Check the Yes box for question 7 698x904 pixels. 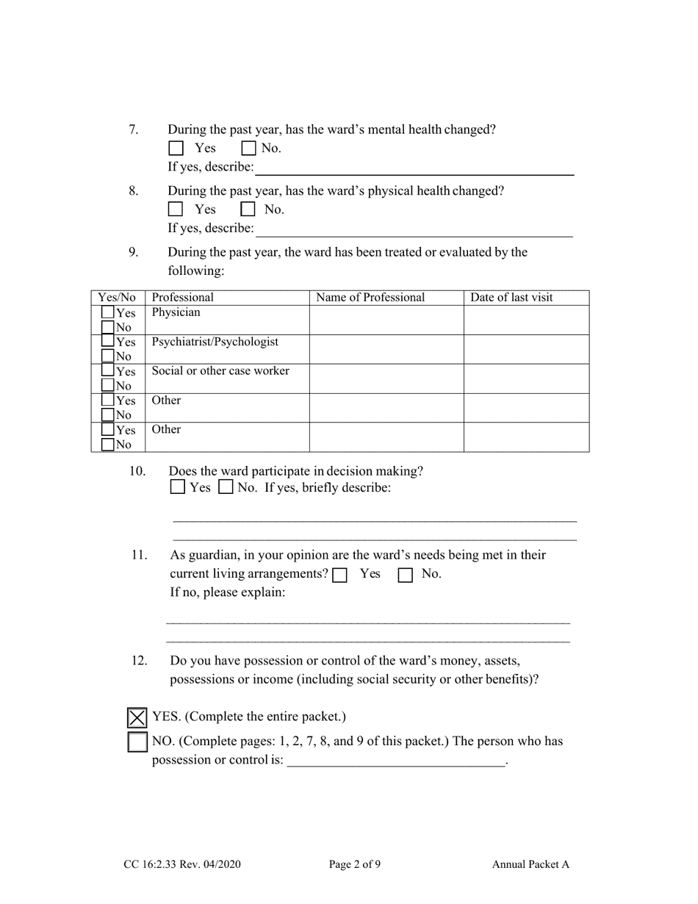point(176,148)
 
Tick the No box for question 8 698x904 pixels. point(248,209)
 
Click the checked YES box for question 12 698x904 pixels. point(137,717)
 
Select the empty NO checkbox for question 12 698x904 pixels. point(137,742)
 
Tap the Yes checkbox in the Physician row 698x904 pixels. point(108,313)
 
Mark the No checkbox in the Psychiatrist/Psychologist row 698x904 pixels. point(108,356)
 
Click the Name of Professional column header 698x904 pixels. point(370,298)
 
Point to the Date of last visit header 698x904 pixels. point(511,298)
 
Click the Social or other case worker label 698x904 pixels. point(220,371)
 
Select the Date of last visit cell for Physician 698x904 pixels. point(526,320)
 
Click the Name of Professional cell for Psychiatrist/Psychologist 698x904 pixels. point(386,350)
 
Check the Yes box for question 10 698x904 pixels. point(178,487)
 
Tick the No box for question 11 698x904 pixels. point(405,575)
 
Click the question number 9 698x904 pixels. point(133,252)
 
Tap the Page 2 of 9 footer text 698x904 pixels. point(354,864)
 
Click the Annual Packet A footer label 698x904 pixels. point(530,864)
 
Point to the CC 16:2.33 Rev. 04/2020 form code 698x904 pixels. point(182,864)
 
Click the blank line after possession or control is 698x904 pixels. point(396,761)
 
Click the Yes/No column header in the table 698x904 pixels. point(118,298)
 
